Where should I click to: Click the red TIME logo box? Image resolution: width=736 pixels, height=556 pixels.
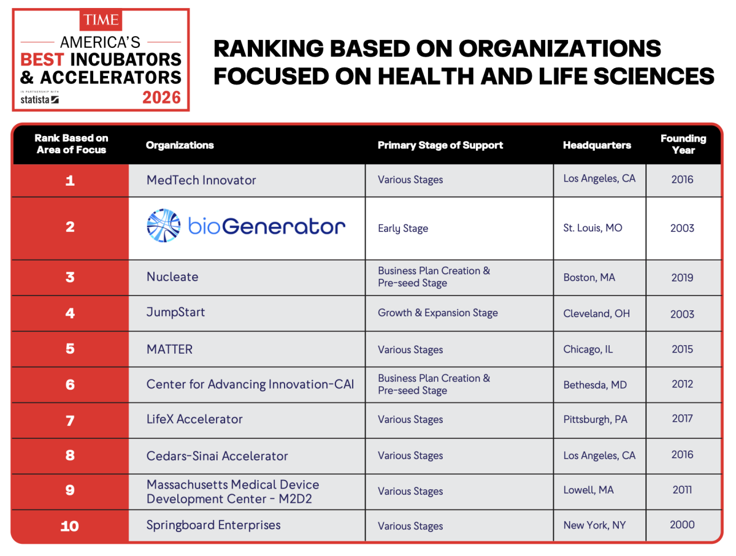pyautogui.click(x=101, y=20)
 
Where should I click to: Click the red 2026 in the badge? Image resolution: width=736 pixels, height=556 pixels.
pyautogui.click(x=161, y=97)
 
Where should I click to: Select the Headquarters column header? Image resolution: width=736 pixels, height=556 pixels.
pyautogui.click(x=597, y=145)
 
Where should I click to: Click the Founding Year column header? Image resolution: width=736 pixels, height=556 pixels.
pyautogui.click(x=683, y=144)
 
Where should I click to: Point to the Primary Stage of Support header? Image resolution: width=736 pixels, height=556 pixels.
pyautogui.click(x=440, y=145)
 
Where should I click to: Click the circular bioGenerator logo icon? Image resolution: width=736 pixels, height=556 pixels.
pyautogui.click(x=164, y=226)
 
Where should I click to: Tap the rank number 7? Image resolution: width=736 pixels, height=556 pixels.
pyautogui.click(x=70, y=421)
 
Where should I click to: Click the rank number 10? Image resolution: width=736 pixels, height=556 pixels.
pyautogui.click(x=70, y=526)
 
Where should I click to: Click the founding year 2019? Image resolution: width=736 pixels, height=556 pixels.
pyautogui.click(x=682, y=278)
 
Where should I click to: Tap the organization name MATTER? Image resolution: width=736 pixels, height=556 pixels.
pyautogui.click(x=169, y=349)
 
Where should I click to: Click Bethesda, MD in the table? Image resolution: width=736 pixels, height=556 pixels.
pyautogui.click(x=595, y=385)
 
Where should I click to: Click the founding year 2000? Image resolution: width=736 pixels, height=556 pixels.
pyautogui.click(x=682, y=525)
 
